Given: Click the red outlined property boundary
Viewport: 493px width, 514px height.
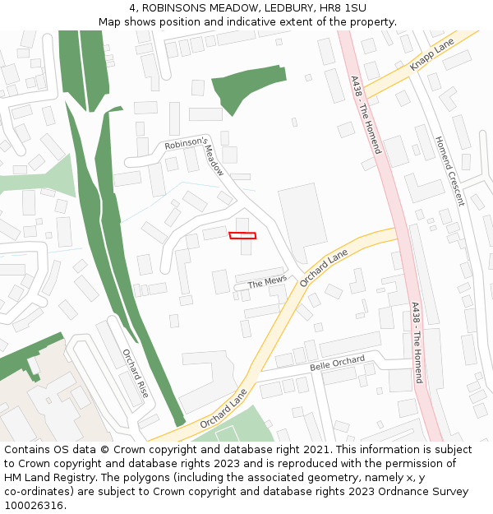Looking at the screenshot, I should [242, 236].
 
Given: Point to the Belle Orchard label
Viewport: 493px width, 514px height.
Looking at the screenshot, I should [337, 363].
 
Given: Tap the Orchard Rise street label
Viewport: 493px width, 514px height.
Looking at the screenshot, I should [136, 373].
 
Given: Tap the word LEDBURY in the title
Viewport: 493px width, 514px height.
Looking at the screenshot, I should [260, 7].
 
